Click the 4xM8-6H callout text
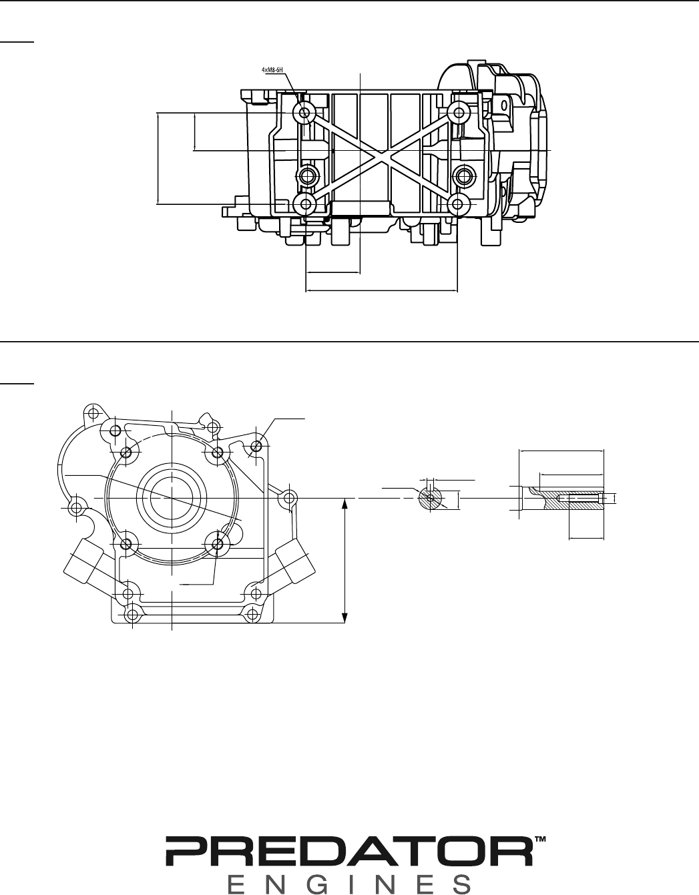(x=272, y=70)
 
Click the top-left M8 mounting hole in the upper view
(x=305, y=112)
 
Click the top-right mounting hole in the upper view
(x=457, y=111)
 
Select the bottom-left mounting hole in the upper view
(x=306, y=204)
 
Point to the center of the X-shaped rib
(x=382, y=158)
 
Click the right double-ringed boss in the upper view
(x=465, y=176)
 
